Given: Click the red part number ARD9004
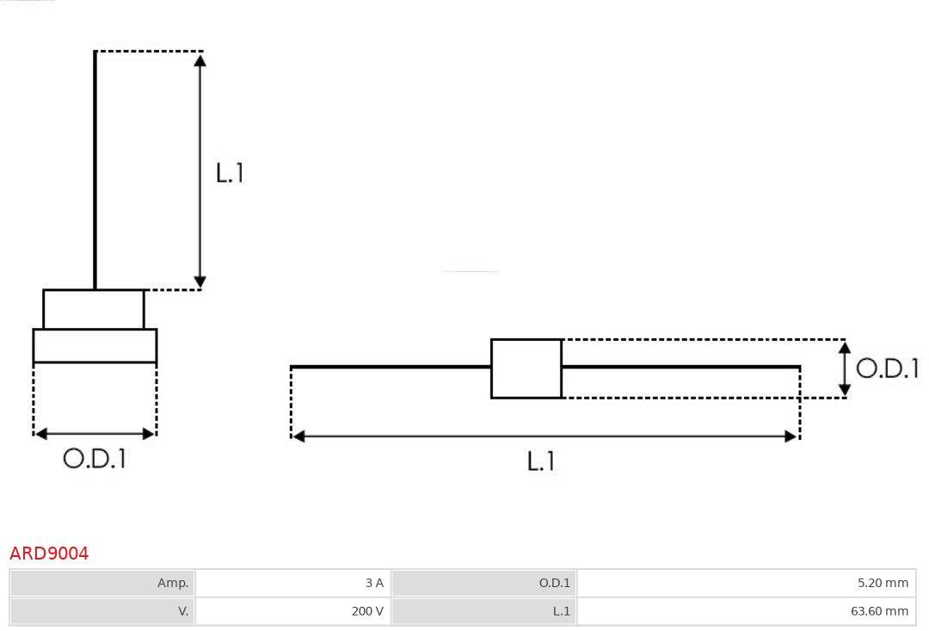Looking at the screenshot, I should (x=49, y=554).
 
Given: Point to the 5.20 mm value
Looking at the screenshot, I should (x=883, y=583).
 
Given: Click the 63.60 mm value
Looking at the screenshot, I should (x=879, y=611).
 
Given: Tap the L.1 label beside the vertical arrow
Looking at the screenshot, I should (x=230, y=173).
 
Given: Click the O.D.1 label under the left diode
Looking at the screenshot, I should (x=95, y=459).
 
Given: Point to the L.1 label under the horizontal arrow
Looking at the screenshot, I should (x=540, y=461).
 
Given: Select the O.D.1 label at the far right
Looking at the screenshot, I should (x=887, y=368).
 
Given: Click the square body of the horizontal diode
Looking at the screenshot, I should (x=526, y=368).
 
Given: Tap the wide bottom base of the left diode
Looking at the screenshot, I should (x=95, y=345).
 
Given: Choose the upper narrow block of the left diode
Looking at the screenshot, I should (x=94, y=309).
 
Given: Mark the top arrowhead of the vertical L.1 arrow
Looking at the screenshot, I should (x=200, y=60).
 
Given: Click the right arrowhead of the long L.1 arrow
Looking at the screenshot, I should (x=791, y=436).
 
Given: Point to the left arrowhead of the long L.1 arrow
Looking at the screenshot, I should (x=299, y=436).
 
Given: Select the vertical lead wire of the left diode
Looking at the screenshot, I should (x=95, y=172).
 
